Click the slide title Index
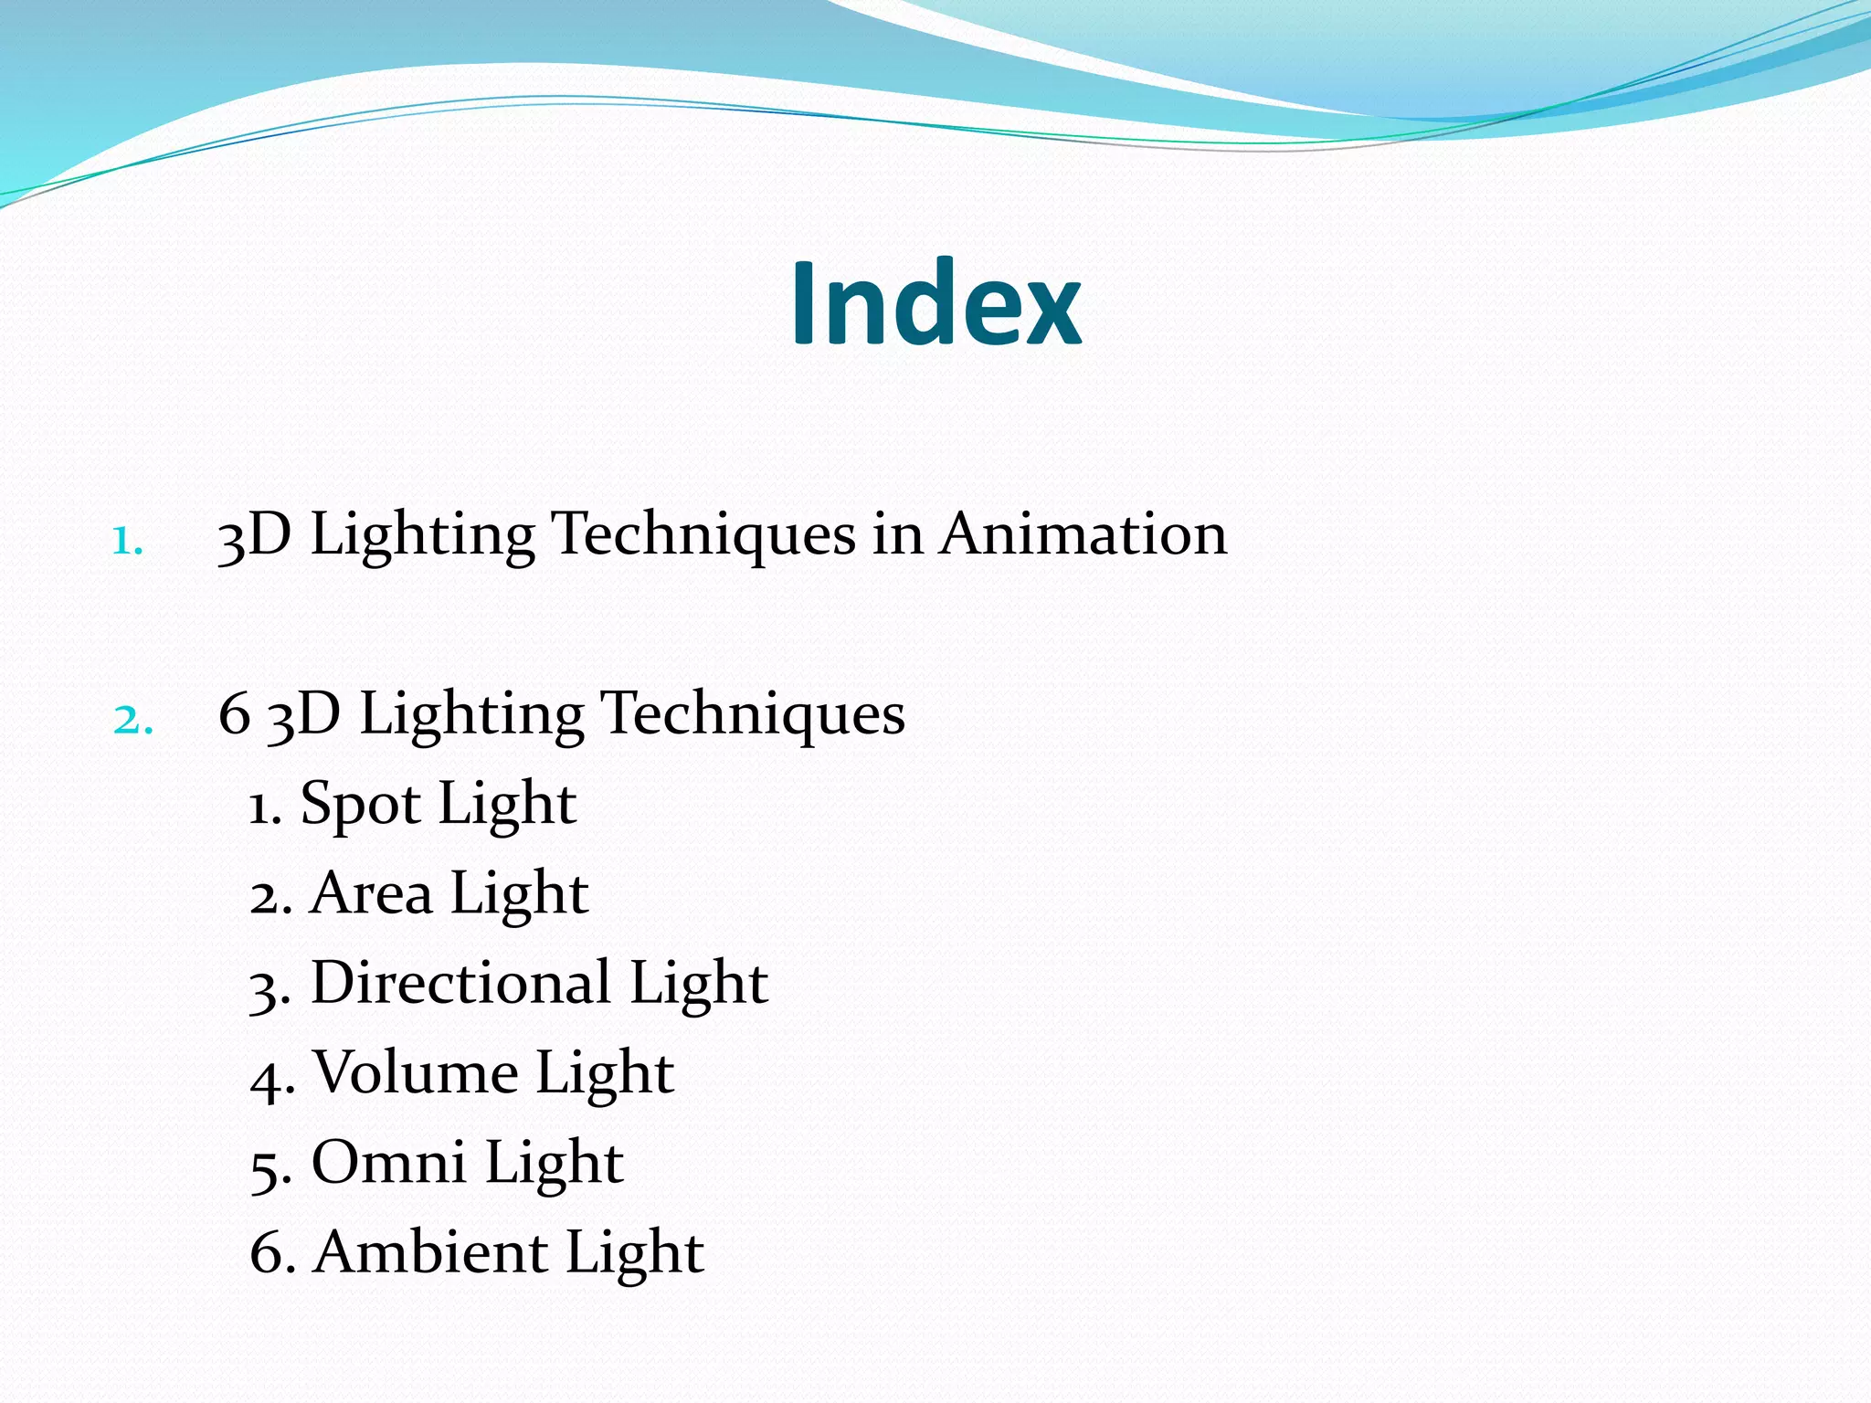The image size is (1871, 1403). [x=935, y=303]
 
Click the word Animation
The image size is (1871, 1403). [x=1083, y=533]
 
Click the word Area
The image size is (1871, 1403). [x=371, y=893]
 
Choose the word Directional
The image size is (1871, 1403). [x=460, y=983]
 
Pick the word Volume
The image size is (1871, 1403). [x=415, y=1072]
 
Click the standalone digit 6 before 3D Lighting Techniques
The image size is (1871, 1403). [x=235, y=714]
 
